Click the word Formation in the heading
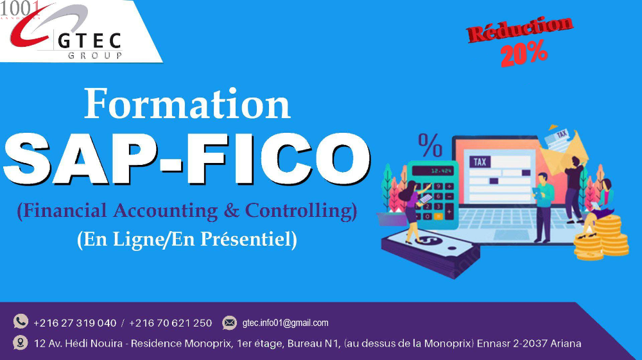pyautogui.click(x=187, y=104)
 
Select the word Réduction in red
pyautogui.click(x=519, y=29)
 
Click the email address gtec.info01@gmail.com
pyautogui.click(x=286, y=323)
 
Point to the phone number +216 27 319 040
pyautogui.click(x=75, y=323)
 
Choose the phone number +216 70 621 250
pyautogui.click(x=170, y=323)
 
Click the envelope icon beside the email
pyautogui.click(x=230, y=323)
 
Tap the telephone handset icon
pyautogui.click(x=21, y=321)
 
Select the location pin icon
pyautogui.click(x=20, y=343)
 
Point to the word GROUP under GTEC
pyautogui.click(x=95, y=55)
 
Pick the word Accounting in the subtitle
pyautogui.click(x=166, y=211)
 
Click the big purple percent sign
pyautogui.click(x=430, y=145)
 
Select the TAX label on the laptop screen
pyautogui.click(x=480, y=162)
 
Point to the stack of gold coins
pyautogui.click(x=601, y=238)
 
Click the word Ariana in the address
pyautogui.click(x=566, y=343)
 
